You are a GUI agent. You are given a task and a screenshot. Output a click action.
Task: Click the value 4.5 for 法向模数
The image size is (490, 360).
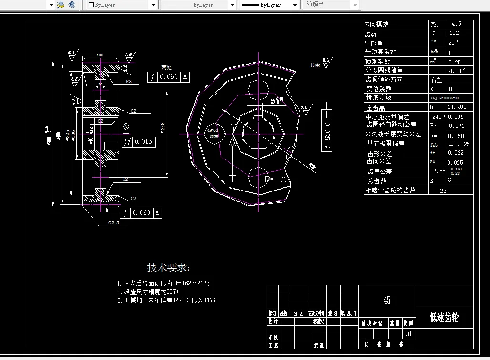pos(456,24)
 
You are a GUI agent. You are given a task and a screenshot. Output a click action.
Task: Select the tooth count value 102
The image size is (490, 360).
pos(454,33)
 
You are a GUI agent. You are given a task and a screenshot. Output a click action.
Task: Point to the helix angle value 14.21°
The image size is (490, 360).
pos(456,70)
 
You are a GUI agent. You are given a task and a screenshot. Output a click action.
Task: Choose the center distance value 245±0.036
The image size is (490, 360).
pos(449,116)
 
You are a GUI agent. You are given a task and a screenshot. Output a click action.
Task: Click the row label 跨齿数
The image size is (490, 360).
pos(377,181)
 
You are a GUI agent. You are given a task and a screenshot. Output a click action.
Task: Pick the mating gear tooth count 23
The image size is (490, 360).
pos(443,190)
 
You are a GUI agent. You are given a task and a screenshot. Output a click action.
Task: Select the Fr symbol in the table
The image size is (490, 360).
pos(433,126)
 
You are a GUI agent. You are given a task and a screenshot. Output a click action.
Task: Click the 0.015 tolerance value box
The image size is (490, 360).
pos(143,141)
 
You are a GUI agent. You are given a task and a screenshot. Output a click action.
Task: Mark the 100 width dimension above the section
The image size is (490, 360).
pos(100,55)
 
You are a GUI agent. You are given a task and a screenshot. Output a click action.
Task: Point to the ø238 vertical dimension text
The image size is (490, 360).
pos(163,126)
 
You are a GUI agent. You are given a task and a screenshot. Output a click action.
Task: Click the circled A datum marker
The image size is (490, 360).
pos(126,127)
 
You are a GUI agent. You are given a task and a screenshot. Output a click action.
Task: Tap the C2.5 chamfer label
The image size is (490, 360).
pos(114,222)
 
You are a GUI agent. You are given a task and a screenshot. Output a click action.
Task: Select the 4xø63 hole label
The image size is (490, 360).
pos(212,131)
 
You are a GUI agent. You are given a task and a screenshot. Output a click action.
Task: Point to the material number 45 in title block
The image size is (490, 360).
pos(387,300)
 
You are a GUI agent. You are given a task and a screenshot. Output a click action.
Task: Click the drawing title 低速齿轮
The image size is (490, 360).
pos(444,318)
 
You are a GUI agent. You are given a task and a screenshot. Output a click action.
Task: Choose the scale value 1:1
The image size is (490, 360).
pos(408,333)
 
